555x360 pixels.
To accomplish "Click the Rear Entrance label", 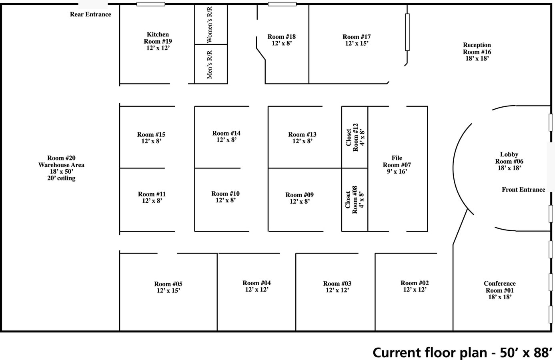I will pos(90,14).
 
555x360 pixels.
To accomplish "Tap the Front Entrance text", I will pos(523,190).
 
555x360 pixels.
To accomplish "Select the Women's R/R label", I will pos(209,25).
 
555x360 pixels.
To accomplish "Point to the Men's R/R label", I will pos(209,64).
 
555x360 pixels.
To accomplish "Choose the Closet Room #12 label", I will pos(355,137).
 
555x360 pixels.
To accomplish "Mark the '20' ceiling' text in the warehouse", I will pos(61,178).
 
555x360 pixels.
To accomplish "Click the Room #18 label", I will pos(282,37).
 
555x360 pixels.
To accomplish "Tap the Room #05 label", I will pos(168,284).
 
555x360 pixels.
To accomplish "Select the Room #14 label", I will pos(226,133).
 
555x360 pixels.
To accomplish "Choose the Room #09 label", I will pos(299,195).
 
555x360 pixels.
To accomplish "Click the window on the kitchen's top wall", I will pos(151,4).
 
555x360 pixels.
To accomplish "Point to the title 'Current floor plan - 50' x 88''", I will pos(462,352).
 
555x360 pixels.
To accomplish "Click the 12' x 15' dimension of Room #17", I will pos(357,44).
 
